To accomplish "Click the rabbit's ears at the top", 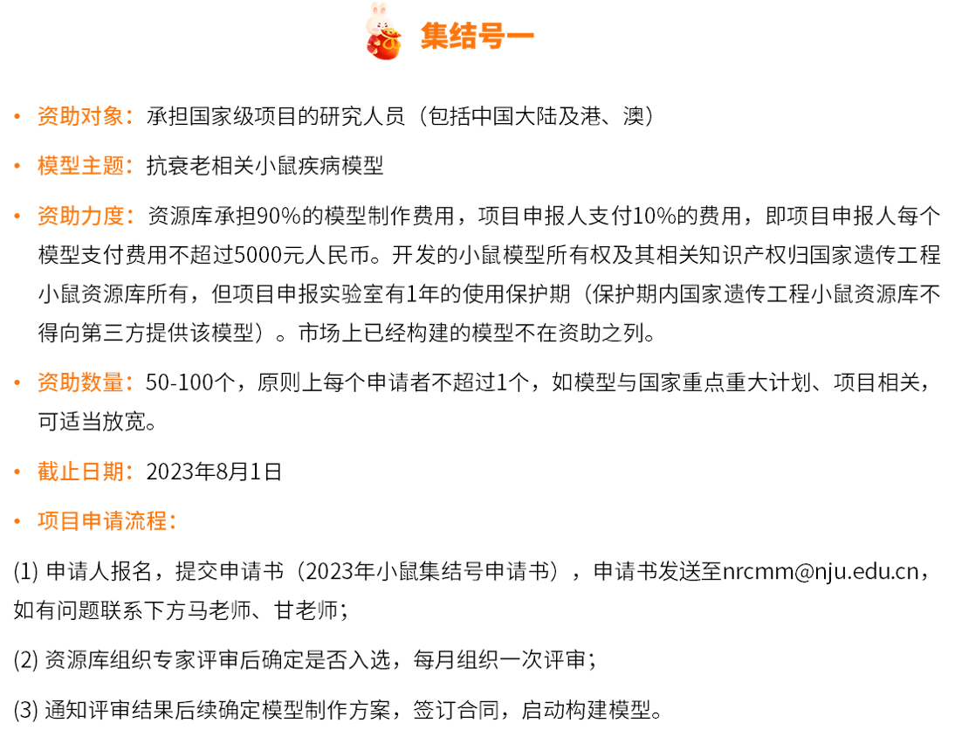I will [378, 9].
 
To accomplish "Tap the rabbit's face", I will [379, 24].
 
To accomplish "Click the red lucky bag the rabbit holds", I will [385, 46].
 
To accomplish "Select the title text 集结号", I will [463, 36].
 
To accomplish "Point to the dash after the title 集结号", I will [520, 36].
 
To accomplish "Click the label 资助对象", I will [80, 116].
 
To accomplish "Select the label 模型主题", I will [80, 166].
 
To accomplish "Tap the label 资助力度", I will [80, 216].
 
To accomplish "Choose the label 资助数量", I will [80, 382].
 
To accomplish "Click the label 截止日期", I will [80, 472].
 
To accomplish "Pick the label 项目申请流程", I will [102, 521].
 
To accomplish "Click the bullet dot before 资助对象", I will [17, 116].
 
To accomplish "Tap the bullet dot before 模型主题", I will [17, 166].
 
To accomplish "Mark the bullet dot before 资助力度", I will [17, 216].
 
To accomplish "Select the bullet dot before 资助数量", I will [17, 382].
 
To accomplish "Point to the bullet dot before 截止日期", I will [17, 472].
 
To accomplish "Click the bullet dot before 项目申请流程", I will [17, 521].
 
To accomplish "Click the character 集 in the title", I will [435, 36].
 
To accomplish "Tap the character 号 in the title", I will [491, 36].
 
